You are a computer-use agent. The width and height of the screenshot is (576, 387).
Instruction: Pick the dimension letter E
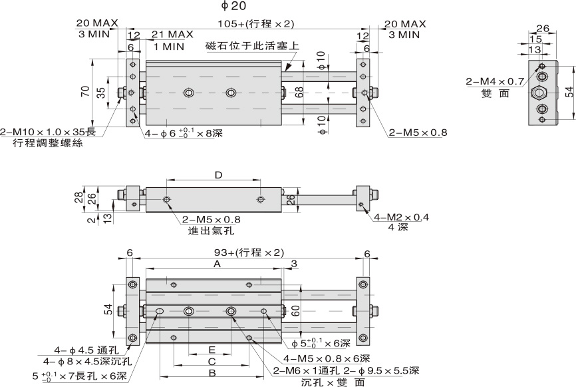click(212, 350)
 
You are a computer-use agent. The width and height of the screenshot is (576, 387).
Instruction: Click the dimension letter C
click(212, 362)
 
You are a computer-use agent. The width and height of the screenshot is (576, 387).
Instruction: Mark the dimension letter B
click(212, 374)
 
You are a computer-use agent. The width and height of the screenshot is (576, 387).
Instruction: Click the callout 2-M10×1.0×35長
click(48, 132)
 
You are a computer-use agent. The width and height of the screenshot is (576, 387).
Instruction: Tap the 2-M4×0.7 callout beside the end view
click(494, 82)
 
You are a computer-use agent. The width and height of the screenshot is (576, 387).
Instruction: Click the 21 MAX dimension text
click(172, 34)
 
